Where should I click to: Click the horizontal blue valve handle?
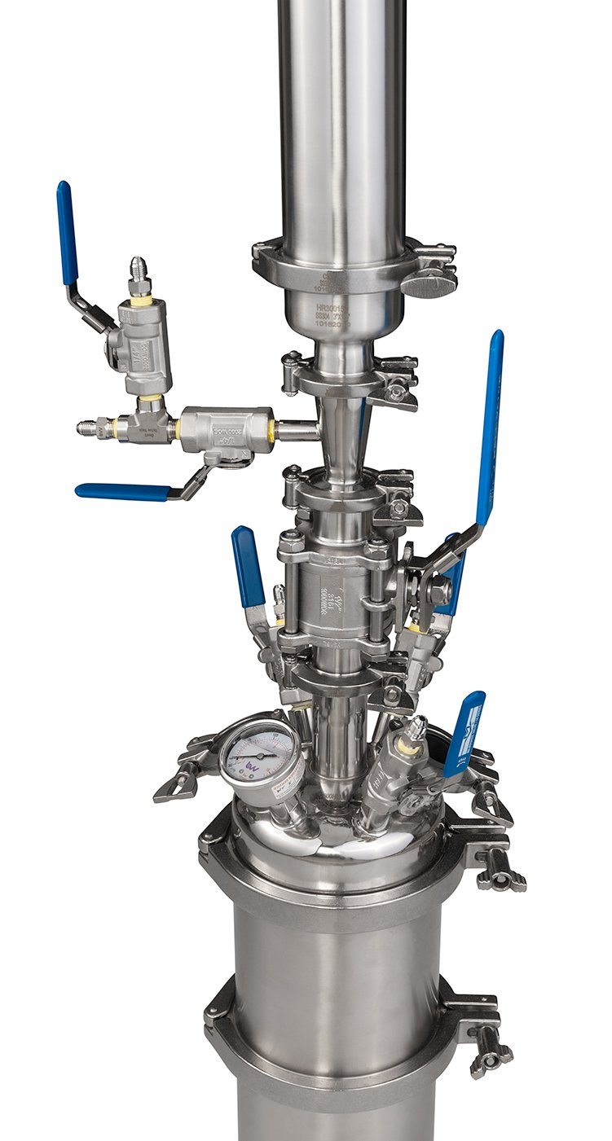coord(122,492)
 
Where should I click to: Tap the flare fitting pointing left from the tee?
coord(91,427)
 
